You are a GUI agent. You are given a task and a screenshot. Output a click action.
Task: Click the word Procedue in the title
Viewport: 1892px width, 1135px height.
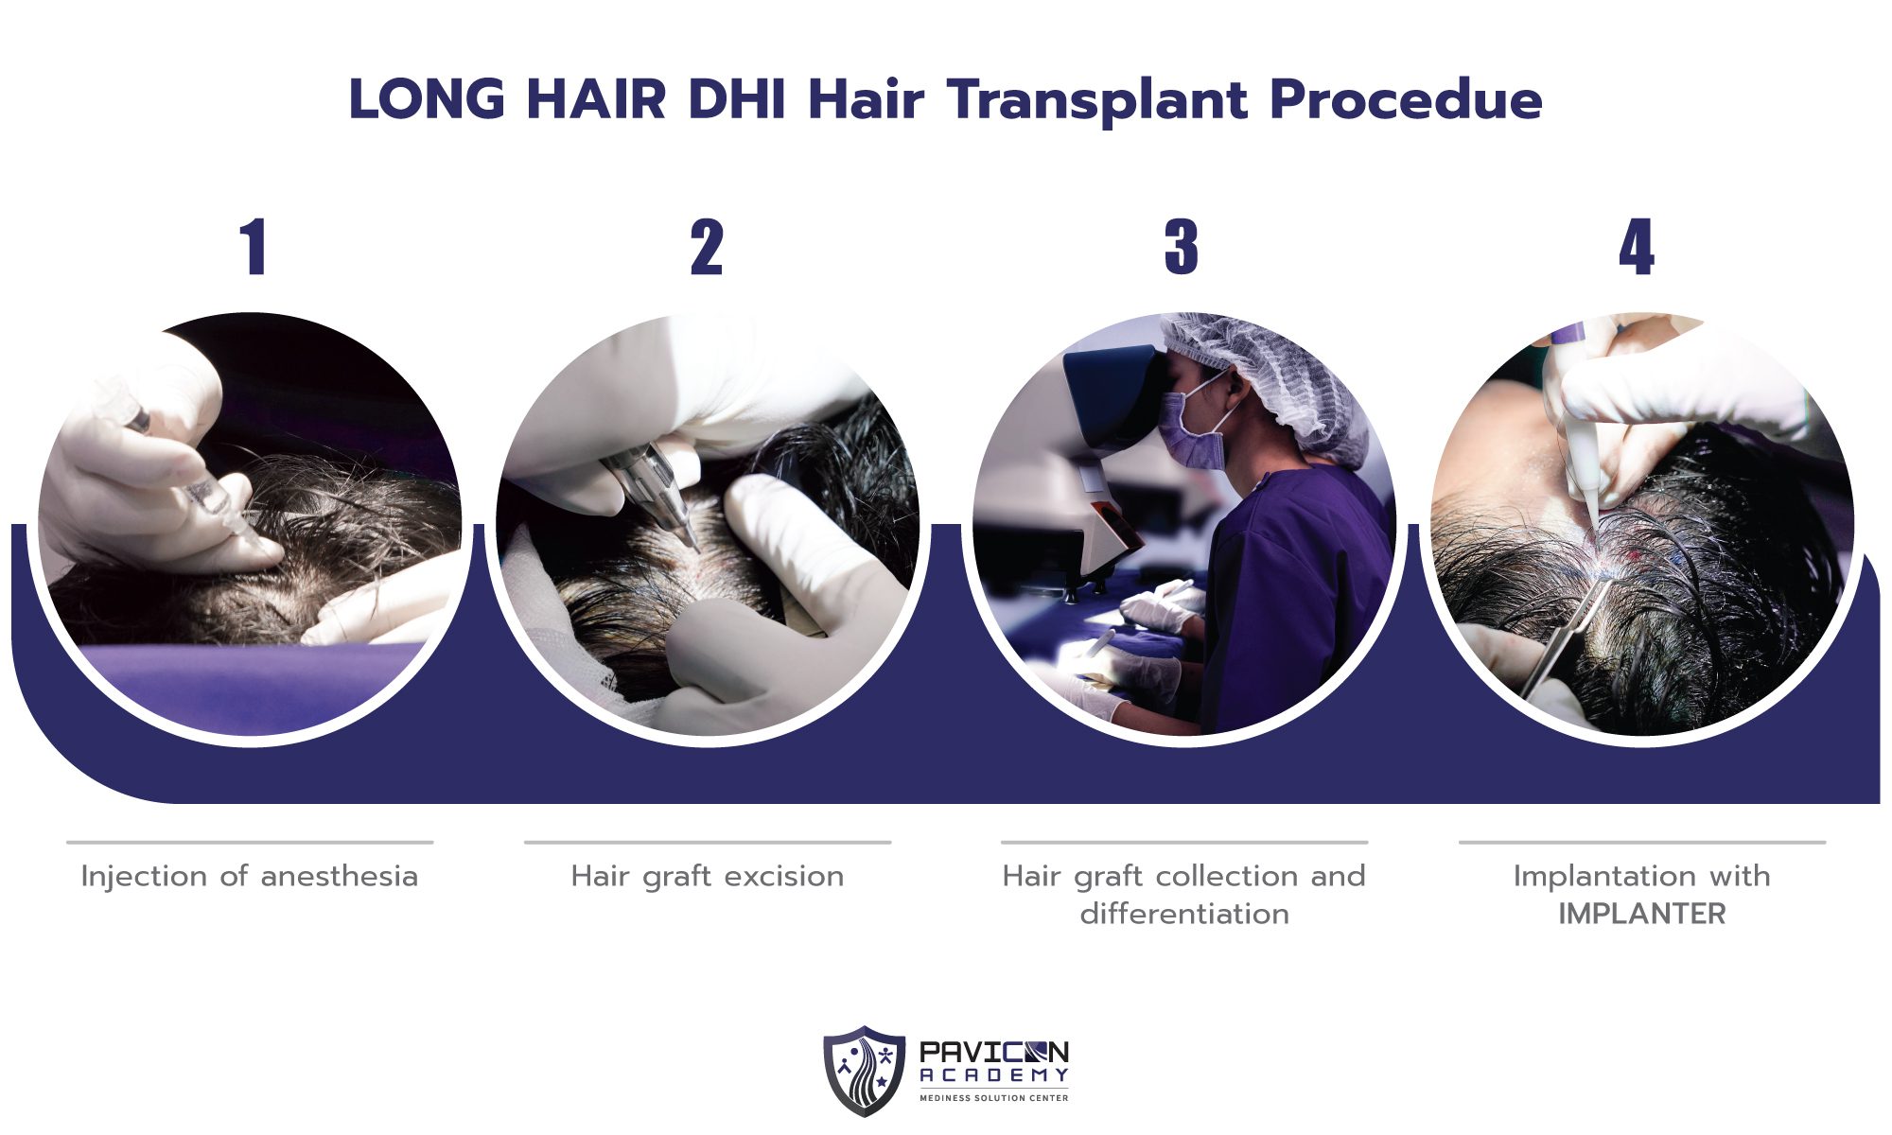coord(1406,100)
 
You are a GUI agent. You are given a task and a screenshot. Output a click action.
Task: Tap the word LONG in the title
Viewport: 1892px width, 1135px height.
coord(427,100)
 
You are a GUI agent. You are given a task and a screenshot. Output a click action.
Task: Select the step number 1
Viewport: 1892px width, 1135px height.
coord(253,248)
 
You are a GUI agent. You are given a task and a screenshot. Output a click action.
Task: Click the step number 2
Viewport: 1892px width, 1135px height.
coord(707,248)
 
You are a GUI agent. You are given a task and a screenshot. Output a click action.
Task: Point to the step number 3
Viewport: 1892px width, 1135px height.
coord(1182,248)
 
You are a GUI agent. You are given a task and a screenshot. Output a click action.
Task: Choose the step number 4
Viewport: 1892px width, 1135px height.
coord(1637,248)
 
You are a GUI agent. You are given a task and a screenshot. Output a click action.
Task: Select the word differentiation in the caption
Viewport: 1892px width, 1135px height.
coord(1184,915)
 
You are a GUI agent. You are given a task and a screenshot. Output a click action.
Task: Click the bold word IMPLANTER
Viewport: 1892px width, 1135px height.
coord(1642,915)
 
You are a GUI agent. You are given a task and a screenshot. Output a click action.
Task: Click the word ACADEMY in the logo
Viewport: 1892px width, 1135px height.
coord(993,1075)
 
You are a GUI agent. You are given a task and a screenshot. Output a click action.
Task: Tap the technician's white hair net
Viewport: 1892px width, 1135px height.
coord(1268,369)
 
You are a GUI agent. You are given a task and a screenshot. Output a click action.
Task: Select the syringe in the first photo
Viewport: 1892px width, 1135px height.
coord(203,482)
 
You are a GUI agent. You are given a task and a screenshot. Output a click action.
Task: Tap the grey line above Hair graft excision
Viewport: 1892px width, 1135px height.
coord(707,842)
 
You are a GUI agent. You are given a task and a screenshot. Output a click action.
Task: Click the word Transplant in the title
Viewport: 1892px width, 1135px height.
coord(1098,100)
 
